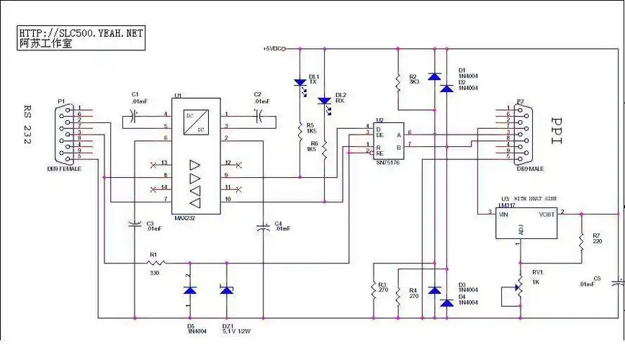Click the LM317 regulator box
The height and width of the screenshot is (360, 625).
527,224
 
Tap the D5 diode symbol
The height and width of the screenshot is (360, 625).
189,290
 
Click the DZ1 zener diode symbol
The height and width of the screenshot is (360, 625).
227,290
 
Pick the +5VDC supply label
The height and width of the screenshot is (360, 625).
274,49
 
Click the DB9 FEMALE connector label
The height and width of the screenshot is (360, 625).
64,168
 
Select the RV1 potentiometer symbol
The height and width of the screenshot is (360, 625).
518,285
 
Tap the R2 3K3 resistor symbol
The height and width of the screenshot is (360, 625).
397,81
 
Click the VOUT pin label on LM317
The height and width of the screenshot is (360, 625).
547,214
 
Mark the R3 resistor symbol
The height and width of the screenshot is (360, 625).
374,290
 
